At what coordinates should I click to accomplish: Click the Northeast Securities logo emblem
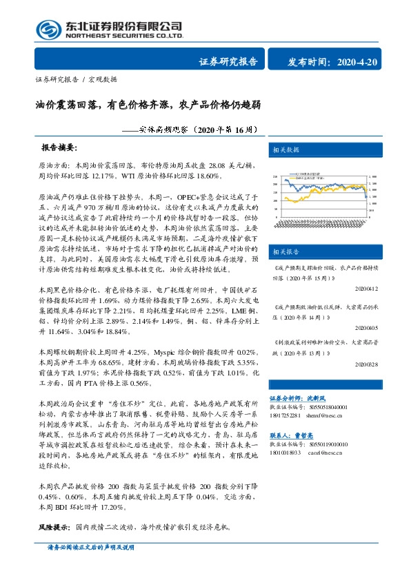point(48,30)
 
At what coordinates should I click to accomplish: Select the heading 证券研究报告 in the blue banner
point(228,63)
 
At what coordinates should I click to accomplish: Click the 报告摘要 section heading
point(59,148)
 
